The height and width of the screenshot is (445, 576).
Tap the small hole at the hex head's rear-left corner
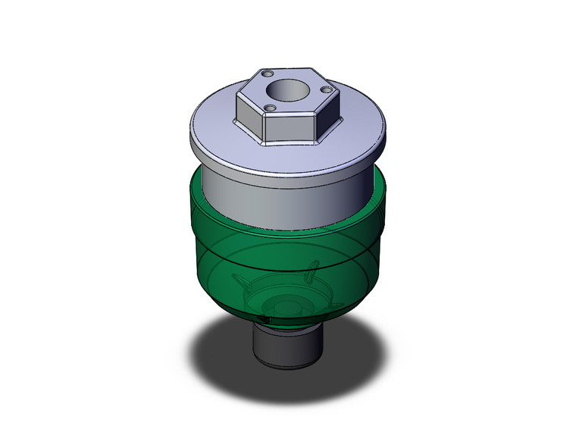click(267, 74)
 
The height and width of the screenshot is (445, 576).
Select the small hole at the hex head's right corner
click(327, 90)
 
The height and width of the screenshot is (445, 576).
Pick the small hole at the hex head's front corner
click(269, 108)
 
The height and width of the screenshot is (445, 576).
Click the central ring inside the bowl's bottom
click(286, 308)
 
